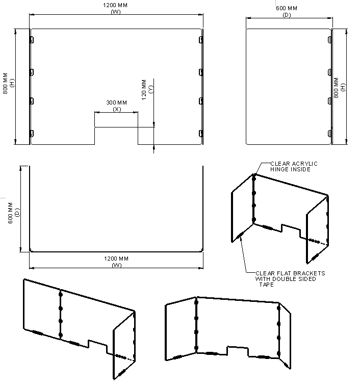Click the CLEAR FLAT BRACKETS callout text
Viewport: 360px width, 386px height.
pyautogui.click(x=290, y=279)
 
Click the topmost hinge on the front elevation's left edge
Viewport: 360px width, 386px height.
pyautogui.click(x=32, y=40)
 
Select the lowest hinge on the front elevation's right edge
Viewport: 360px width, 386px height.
pyautogui.click(x=201, y=134)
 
